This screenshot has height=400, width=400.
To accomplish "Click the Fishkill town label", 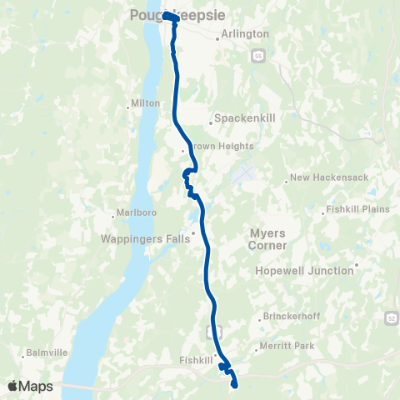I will click(x=197, y=360).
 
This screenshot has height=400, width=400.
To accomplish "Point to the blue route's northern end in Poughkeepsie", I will click(x=166, y=16).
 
